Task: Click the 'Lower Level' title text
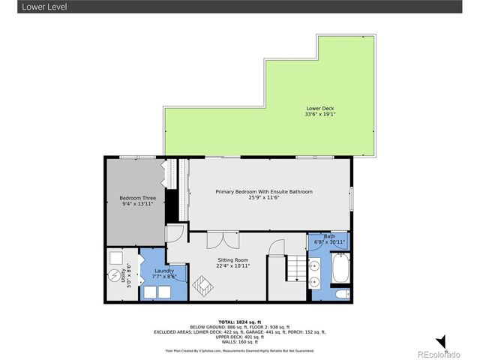point(23,7)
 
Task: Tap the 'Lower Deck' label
point(319,108)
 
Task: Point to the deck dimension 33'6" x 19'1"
point(319,115)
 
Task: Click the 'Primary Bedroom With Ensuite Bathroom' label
point(264,192)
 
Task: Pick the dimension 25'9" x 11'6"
point(264,198)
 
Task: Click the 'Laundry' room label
point(165,271)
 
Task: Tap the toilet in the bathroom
point(340,293)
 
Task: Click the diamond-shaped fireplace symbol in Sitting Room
point(202,286)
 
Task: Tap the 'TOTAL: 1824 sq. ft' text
point(239,320)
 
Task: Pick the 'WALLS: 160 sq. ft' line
point(239,342)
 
